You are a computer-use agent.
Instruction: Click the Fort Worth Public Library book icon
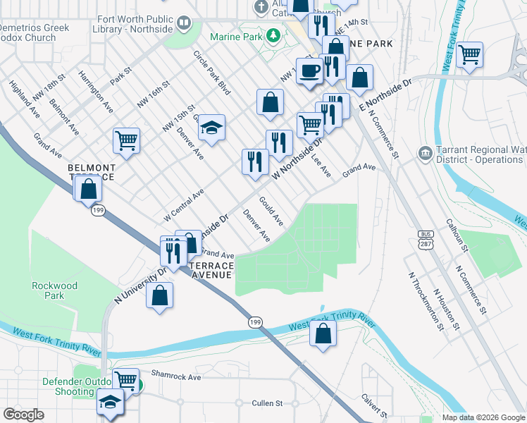tap(184, 24)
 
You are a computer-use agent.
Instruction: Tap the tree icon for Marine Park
tap(271, 36)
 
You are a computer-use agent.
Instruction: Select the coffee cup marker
tap(309, 70)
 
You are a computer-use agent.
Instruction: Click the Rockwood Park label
tap(54, 290)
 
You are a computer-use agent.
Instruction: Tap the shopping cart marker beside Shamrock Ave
tap(126, 381)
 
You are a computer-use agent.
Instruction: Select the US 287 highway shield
tap(425, 238)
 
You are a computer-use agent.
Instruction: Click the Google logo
tap(24, 415)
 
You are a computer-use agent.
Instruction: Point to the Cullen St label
tap(267, 403)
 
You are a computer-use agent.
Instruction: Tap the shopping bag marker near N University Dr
tap(160, 295)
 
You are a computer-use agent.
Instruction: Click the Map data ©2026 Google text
tap(482, 417)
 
